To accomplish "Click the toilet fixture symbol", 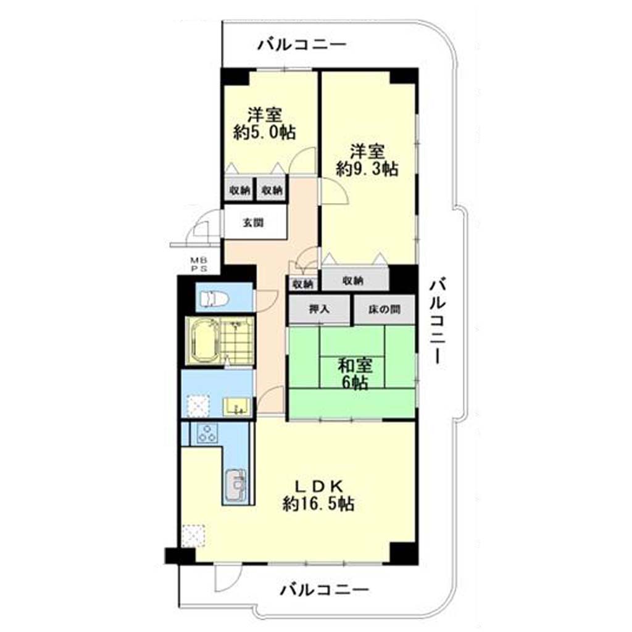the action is (214, 299).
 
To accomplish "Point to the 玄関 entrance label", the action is (253, 222).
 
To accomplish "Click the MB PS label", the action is (199, 265).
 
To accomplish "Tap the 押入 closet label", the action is (319, 309).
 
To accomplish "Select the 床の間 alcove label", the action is (384, 309).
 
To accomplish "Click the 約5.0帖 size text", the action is (264, 132).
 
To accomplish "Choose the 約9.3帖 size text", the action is (367, 168).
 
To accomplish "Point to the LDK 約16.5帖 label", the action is (318, 495).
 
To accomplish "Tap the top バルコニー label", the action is (302, 44).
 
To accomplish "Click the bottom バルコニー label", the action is (325, 591).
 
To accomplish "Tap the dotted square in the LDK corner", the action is (193, 536).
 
